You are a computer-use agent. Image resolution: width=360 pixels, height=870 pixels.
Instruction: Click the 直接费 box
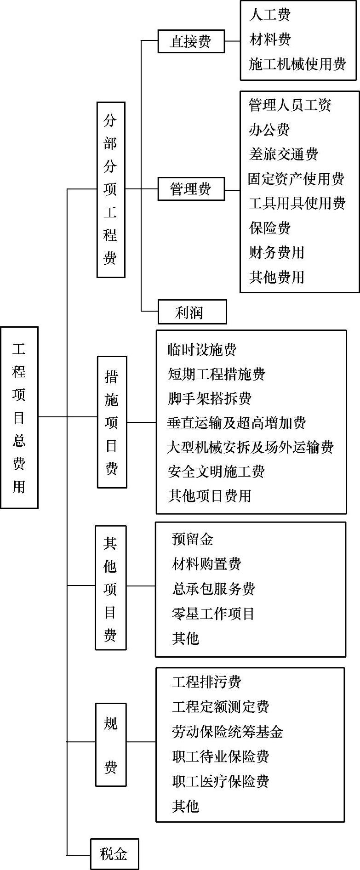[x=191, y=41]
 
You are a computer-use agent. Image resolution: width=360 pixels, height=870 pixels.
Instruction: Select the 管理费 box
[x=191, y=188]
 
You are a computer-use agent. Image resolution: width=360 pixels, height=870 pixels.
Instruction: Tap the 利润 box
[x=192, y=312]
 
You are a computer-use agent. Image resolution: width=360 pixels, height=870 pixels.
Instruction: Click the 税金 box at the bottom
[x=114, y=853]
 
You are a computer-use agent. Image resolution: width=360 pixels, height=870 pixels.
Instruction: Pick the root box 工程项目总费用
[x=19, y=417]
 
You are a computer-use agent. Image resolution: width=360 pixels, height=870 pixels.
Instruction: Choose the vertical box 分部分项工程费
[x=110, y=189]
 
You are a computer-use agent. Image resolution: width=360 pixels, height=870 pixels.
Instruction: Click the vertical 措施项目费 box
[x=112, y=421]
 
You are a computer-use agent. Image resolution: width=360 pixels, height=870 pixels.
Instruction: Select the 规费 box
[x=110, y=744]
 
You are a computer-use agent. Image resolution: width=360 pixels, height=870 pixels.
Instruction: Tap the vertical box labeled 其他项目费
[x=110, y=587]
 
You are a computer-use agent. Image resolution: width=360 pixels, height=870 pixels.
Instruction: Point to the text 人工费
[x=270, y=15]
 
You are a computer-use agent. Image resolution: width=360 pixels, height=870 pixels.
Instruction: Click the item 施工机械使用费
[x=297, y=64]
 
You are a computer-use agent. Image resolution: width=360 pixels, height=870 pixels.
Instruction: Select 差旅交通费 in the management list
[x=284, y=154]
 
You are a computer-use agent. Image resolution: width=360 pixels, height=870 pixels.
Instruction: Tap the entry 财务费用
[x=277, y=252]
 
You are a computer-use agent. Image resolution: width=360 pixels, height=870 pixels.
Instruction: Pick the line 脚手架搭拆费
[x=210, y=398]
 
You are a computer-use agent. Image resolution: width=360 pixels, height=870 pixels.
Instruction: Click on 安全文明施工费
[x=216, y=471]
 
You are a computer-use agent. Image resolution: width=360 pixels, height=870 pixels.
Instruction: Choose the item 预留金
[x=193, y=539]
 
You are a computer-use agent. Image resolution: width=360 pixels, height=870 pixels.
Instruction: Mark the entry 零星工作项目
[x=213, y=613]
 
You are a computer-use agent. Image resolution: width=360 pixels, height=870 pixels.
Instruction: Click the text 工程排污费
[x=206, y=682]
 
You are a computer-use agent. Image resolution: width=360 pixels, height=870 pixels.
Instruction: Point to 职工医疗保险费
[x=221, y=781]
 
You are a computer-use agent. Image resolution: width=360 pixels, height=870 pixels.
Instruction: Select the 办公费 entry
[x=269, y=130]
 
